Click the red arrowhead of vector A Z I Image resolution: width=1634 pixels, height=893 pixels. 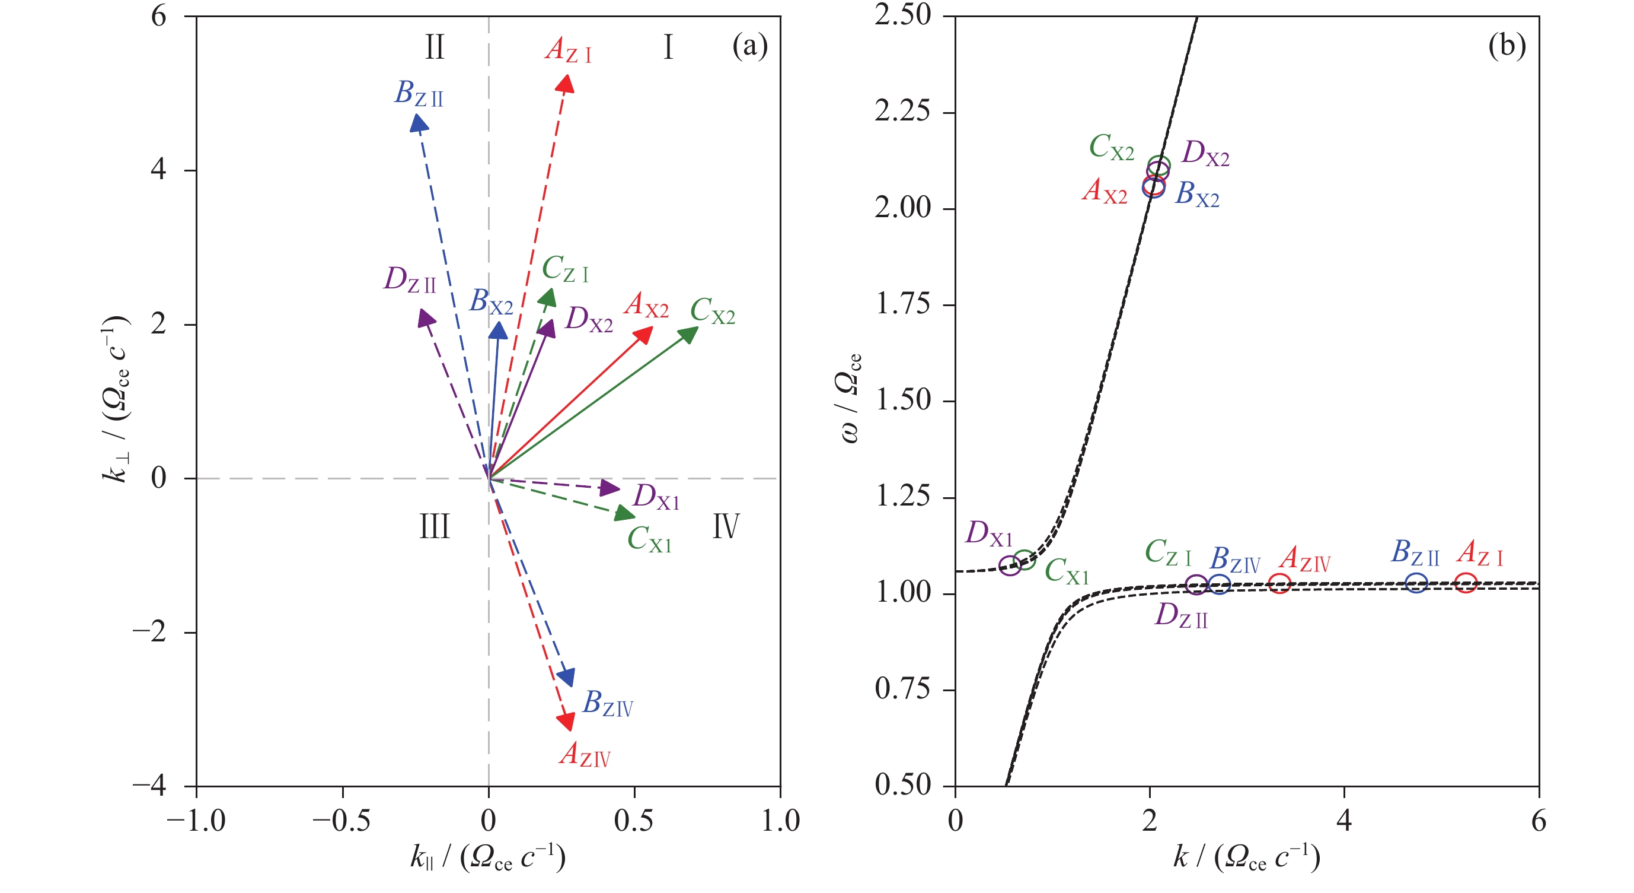click(x=566, y=83)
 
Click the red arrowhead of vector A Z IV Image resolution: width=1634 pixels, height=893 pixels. click(x=566, y=721)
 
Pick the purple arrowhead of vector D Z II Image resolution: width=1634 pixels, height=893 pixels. click(x=426, y=317)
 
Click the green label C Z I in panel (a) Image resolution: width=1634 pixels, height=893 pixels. click(x=565, y=269)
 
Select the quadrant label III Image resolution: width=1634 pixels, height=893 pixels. click(x=435, y=527)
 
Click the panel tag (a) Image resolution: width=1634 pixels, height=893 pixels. click(x=750, y=46)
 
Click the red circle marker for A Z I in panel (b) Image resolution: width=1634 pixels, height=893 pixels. click(x=1465, y=582)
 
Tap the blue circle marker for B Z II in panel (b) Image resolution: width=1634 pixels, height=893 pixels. click(x=1416, y=582)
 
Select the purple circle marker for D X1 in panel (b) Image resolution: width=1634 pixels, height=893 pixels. click(x=1010, y=565)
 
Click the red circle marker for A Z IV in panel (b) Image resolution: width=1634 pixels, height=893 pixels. click(x=1280, y=583)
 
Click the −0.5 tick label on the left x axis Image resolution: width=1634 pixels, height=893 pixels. click(x=342, y=821)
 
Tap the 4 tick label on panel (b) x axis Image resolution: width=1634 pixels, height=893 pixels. click(x=1344, y=821)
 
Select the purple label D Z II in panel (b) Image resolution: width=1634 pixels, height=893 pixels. click(x=1181, y=616)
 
